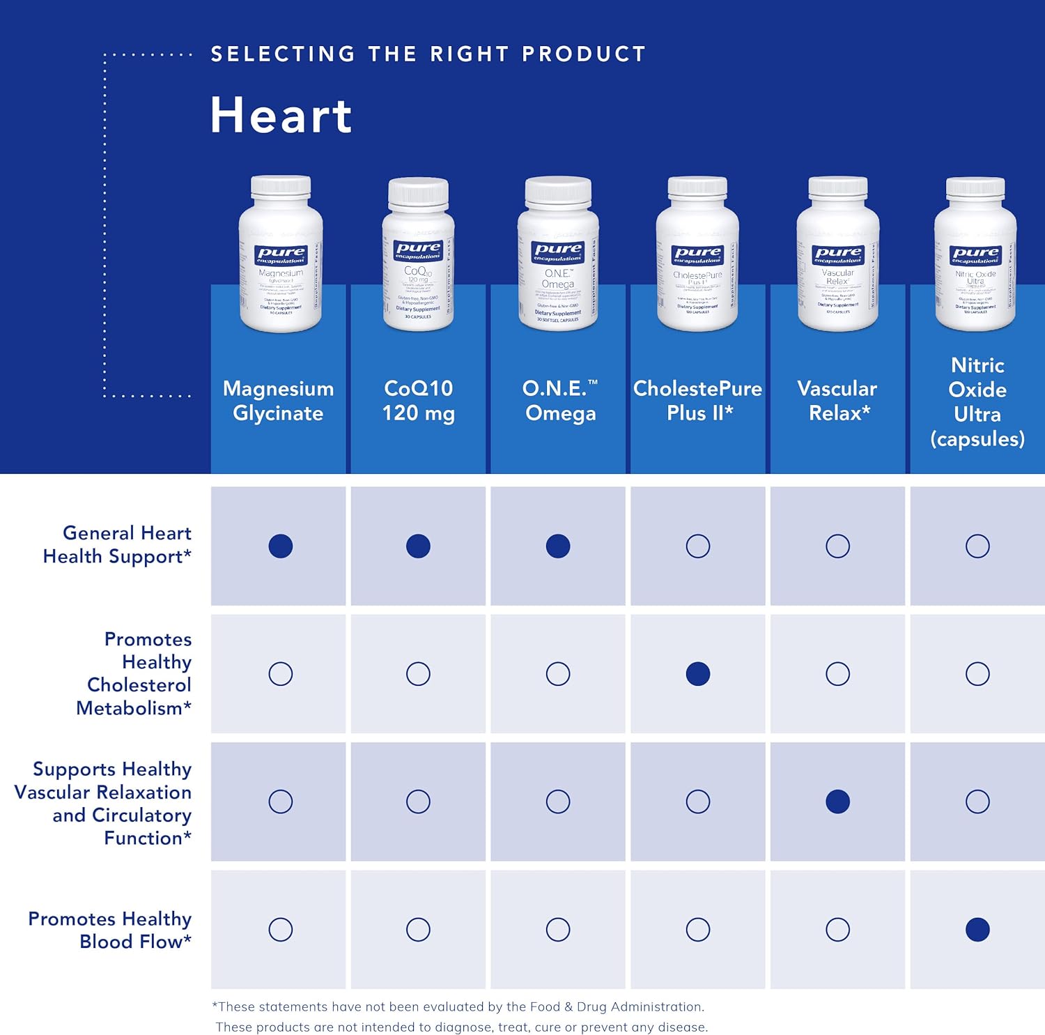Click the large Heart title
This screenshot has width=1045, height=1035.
(x=281, y=116)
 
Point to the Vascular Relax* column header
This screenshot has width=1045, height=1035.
(x=837, y=401)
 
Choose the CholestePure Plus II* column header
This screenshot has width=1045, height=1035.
(x=697, y=401)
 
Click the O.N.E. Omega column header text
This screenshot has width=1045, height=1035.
(x=559, y=401)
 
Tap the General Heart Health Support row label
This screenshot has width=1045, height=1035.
(x=117, y=544)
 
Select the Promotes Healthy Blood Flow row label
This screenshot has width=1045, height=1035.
(x=110, y=930)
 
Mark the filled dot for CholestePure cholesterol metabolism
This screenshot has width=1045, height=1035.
(x=697, y=674)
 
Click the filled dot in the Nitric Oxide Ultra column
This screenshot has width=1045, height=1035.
(x=977, y=929)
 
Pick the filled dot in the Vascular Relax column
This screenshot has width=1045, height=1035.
(x=837, y=802)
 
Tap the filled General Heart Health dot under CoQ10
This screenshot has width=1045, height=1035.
(x=418, y=546)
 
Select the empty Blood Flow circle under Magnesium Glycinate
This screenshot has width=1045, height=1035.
(x=281, y=929)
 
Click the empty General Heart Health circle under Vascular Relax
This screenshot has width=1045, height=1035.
(x=837, y=546)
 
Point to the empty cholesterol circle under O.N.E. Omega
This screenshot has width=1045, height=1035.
(x=558, y=674)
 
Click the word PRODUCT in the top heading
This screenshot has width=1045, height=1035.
(x=584, y=54)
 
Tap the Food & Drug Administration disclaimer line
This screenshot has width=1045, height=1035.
(x=458, y=1006)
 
